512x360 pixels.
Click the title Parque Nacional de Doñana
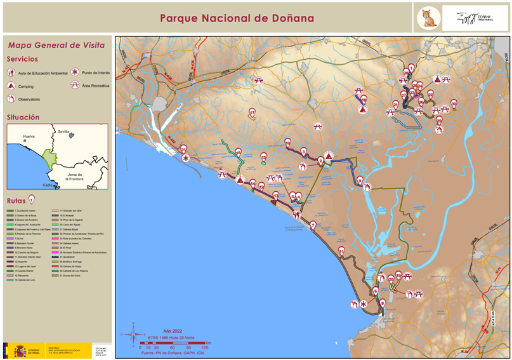pyautogui.click(x=237, y=18)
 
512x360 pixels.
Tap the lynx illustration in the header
pyautogui.click(x=428, y=18)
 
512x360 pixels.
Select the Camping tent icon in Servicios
pyautogui.click(x=11, y=86)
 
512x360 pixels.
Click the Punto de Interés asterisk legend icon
pyautogui.click(x=75, y=73)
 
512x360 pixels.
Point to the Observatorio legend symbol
pyautogui.click(x=11, y=99)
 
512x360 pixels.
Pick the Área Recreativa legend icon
pyautogui.click(x=75, y=85)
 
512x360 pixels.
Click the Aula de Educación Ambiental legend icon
pyautogui.click(x=11, y=73)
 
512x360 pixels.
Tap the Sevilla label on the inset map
pyautogui.click(x=63, y=131)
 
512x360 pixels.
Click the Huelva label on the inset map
pyautogui.click(x=29, y=137)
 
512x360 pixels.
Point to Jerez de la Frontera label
pyautogui.click(x=75, y=177)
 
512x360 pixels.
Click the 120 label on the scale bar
pyautogui.click(x=204, y=348)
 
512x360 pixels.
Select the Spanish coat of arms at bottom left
pyautogui.click(x=20, y=350)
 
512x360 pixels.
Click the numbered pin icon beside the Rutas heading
pyautogui.click(x=31, y=199)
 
